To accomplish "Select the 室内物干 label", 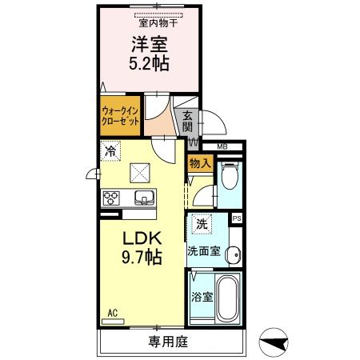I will [159, 22].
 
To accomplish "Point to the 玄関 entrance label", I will [186, 122].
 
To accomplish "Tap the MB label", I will [223, 146].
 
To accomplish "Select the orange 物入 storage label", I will [200, 163].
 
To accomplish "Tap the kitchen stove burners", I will [111, 198].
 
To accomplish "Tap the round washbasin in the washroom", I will [231, 255].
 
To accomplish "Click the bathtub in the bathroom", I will [228, 299].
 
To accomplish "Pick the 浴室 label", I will [202, 297].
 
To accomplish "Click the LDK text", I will [142, 239].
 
